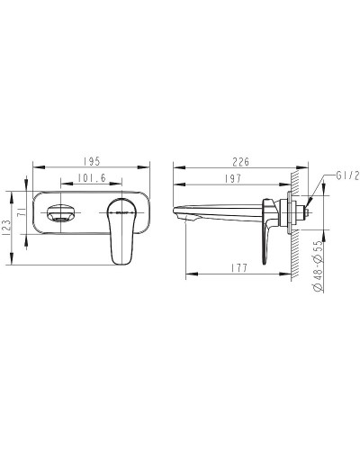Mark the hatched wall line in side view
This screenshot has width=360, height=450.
pyautogui.click(x=293, y=216)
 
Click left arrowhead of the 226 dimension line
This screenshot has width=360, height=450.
pyautogui.click(x=175, y=167)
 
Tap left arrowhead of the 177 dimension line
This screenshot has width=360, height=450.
pyautogui.click(x=188, y=274)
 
